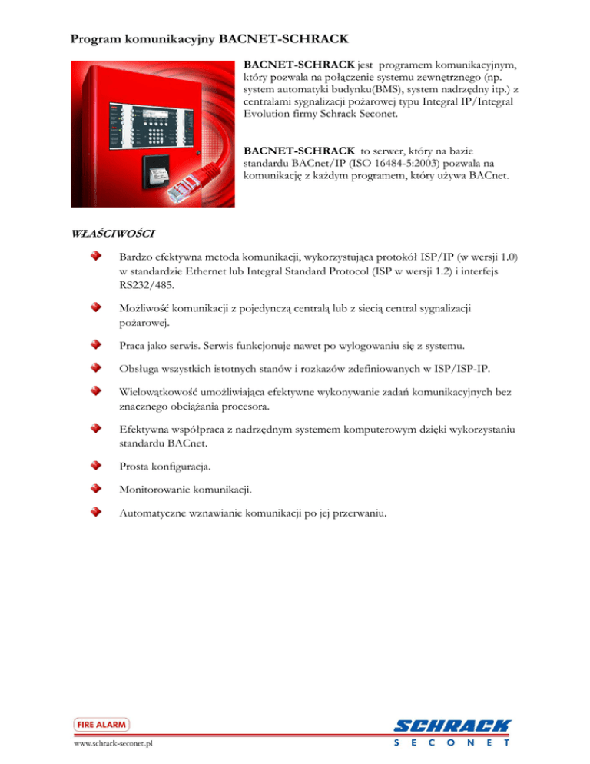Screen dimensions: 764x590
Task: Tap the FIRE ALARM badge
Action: pos(101,724)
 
